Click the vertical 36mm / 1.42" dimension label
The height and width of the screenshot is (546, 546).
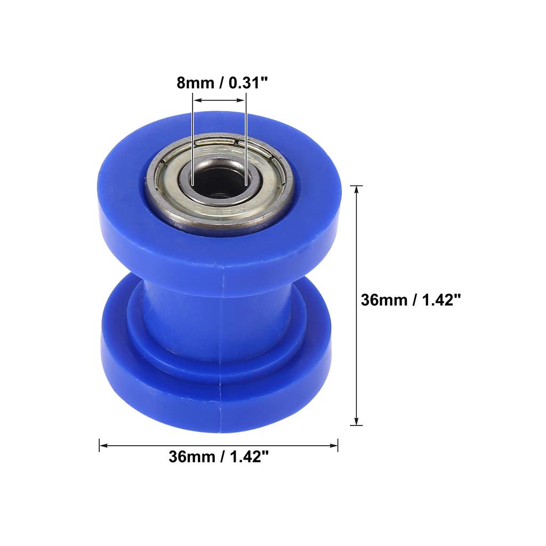(410, 300)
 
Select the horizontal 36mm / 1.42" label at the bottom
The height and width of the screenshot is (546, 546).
(218, 457)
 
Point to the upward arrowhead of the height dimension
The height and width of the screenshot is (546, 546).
(356, 190)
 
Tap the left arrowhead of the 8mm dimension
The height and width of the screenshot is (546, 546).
(196, 100)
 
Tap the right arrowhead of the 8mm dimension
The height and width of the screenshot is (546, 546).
(242, 100)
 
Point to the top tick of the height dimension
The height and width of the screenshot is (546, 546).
(356, 186)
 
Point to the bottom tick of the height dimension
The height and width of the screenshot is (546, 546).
(356, 425)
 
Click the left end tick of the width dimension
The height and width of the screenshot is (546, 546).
(100, 445)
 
